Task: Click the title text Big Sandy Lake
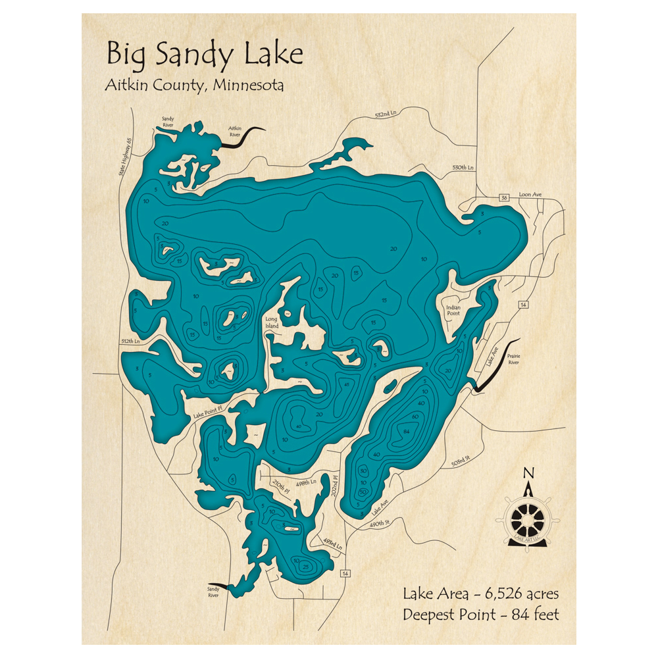click(204, 55)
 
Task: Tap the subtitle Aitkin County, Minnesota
click(194, 86)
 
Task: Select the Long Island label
click(272, 322)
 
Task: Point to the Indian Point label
click(453, 311)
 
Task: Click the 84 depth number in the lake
click(407, 431)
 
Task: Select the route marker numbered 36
click(503, 197)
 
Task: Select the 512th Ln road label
click(130, 342)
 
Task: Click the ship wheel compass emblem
click(530, 517)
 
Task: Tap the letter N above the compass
click(528, 472)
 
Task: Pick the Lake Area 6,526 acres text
click(480, 594)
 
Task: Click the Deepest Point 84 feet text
click(480, 615)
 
